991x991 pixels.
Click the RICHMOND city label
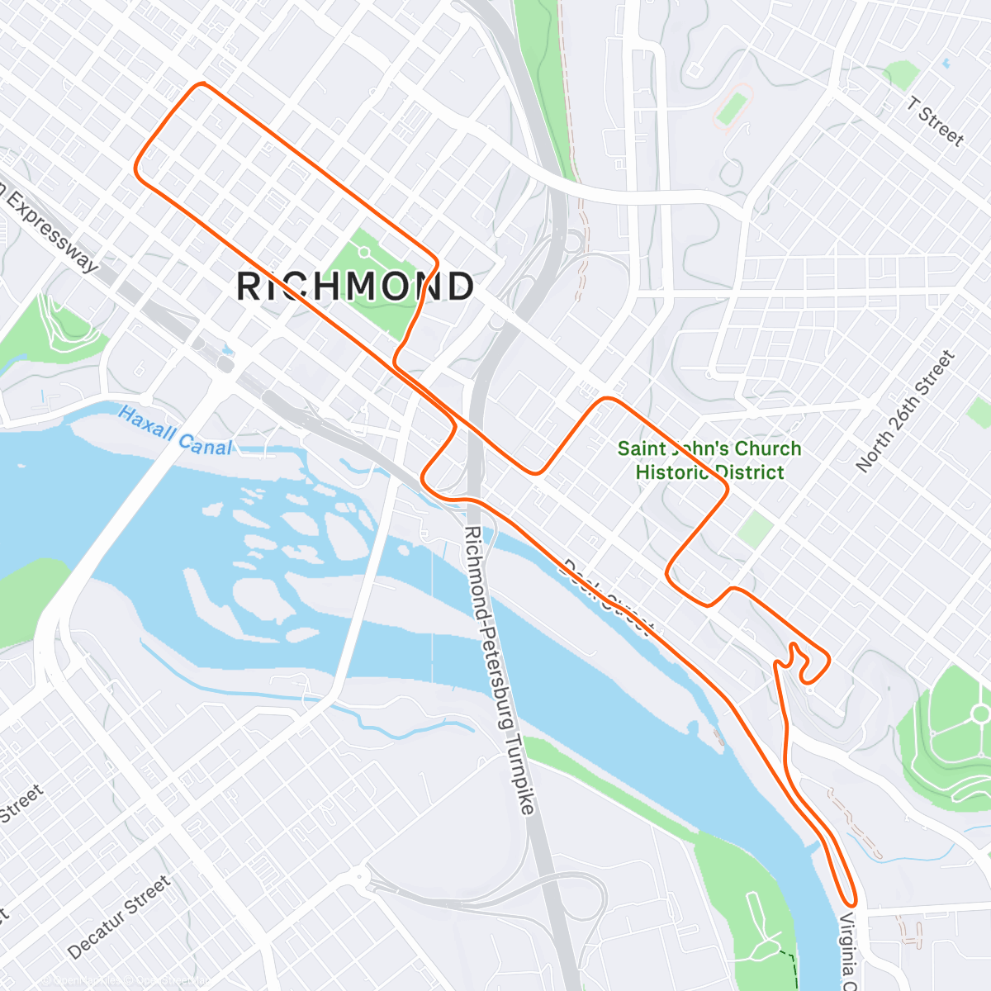355,287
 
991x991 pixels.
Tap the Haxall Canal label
174,430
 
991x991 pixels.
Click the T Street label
936,121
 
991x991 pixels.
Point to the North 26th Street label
906,411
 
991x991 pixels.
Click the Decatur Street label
119,917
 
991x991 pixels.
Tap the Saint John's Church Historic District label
709,460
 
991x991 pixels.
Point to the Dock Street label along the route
609,596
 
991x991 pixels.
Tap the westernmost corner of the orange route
136,169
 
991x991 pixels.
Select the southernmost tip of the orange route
851,905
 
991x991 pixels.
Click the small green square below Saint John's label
755,529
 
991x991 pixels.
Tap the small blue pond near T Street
946,63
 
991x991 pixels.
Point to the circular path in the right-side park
979,714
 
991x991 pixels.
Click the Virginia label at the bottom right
848,950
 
